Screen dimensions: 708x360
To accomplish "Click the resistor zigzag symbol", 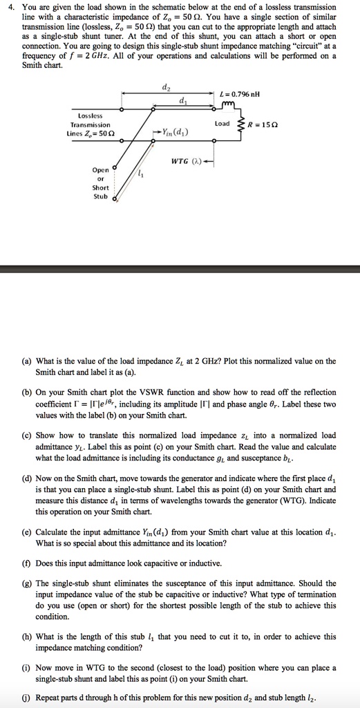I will coord(240,124).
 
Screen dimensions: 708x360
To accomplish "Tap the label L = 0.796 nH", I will coord(239,94).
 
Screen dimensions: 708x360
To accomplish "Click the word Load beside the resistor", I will coord(222,124).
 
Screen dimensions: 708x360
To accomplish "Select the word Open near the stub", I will coord(100,169).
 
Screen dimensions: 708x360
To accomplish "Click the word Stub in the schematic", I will coord(100,196).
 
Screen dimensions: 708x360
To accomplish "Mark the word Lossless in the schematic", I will coord(91,115).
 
